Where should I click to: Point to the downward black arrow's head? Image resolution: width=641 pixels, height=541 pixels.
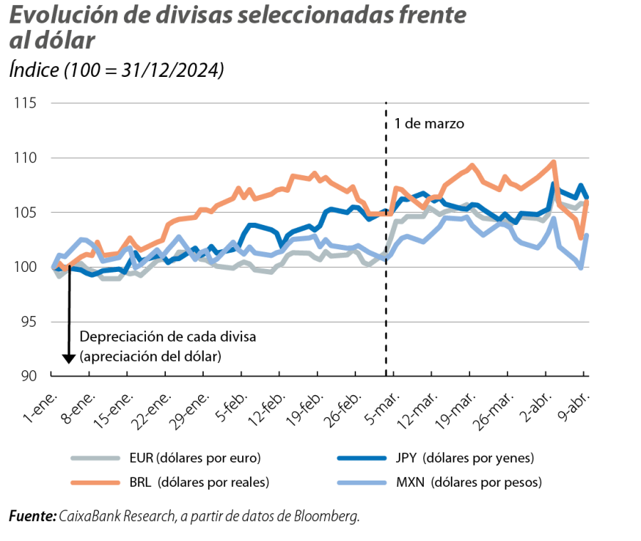pos(68,359)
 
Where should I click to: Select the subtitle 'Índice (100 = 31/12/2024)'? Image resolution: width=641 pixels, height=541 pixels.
pos(117,70)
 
